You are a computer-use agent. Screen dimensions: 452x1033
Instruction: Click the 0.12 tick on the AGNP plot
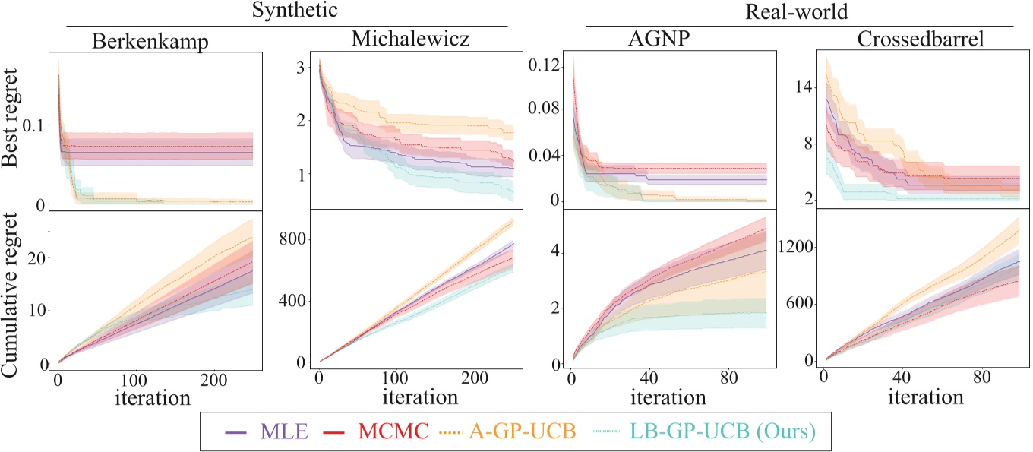547,66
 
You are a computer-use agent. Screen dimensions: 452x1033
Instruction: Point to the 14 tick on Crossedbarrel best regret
798,87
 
